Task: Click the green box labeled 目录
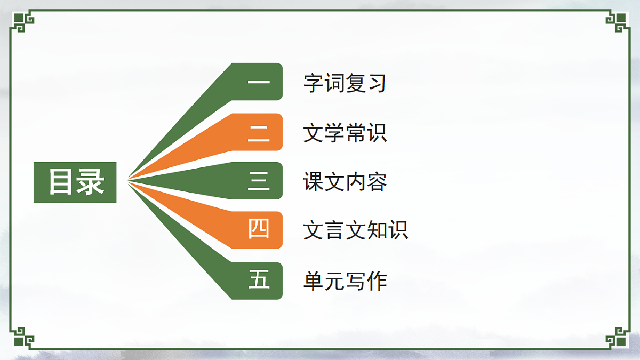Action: pos(75,182)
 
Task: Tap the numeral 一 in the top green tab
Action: pos(259,82)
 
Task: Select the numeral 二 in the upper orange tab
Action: pos(259,132)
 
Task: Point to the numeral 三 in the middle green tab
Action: pos(259,181)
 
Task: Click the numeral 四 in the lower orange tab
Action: pos(259,230)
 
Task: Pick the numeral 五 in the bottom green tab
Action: pos(259,281)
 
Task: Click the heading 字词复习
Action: pos(345,83)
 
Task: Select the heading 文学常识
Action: pos(345,133)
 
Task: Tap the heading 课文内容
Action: pos(345,182)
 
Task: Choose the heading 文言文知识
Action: pos(355,231)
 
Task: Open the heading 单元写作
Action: pos(345,281)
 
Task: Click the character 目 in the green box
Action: pos(61,182)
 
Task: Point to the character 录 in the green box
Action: pos(90,182)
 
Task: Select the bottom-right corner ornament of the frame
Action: pos(618,338)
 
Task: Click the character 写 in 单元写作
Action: pos(355,281)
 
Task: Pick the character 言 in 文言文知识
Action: pos(334,231)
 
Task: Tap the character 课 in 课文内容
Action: pos(314,182)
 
